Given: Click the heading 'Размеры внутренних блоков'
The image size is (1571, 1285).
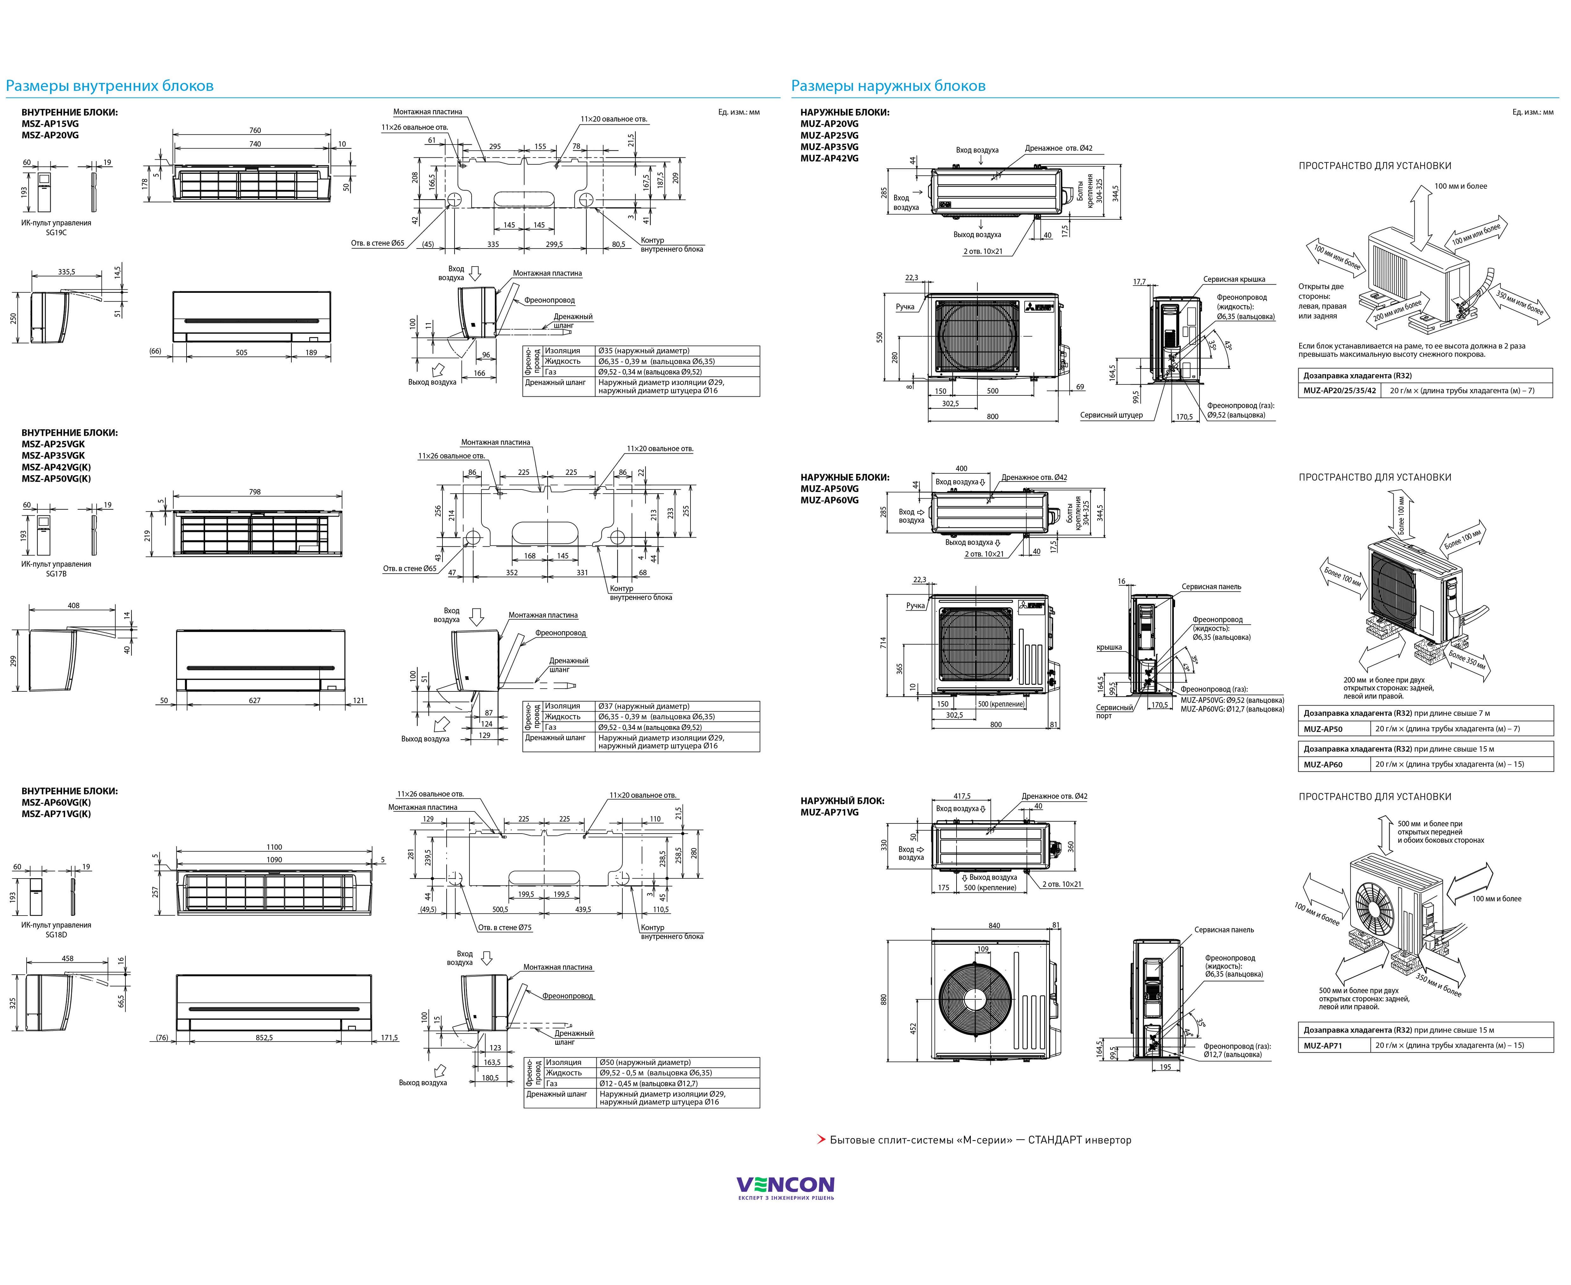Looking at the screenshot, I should pyautogui.click(x=110, y=86).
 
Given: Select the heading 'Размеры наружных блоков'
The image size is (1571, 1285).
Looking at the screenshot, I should pyautogui.click(x=888, y=86).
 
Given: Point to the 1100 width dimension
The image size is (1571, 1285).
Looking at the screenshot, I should pyautogui.click(x=274, y=847).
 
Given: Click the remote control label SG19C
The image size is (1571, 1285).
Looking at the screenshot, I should pyautogui.click(x=56, y=232).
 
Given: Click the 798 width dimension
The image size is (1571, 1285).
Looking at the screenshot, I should pyautogui.click(x=255, y=492).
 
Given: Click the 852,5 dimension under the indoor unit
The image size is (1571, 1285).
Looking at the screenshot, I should pyautogui.click(x=264, y=1038).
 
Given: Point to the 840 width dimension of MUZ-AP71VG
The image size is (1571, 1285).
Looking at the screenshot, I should pyautogui.click(x=994, y=925).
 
